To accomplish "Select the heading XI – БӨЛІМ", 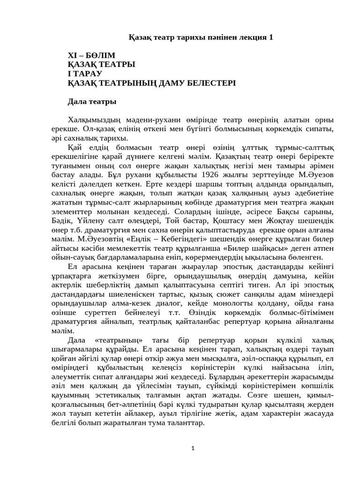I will click(x=91, y=55).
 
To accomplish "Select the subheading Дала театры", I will click(x=92, y=101).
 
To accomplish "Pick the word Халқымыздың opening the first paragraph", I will click(x=95, y=120).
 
